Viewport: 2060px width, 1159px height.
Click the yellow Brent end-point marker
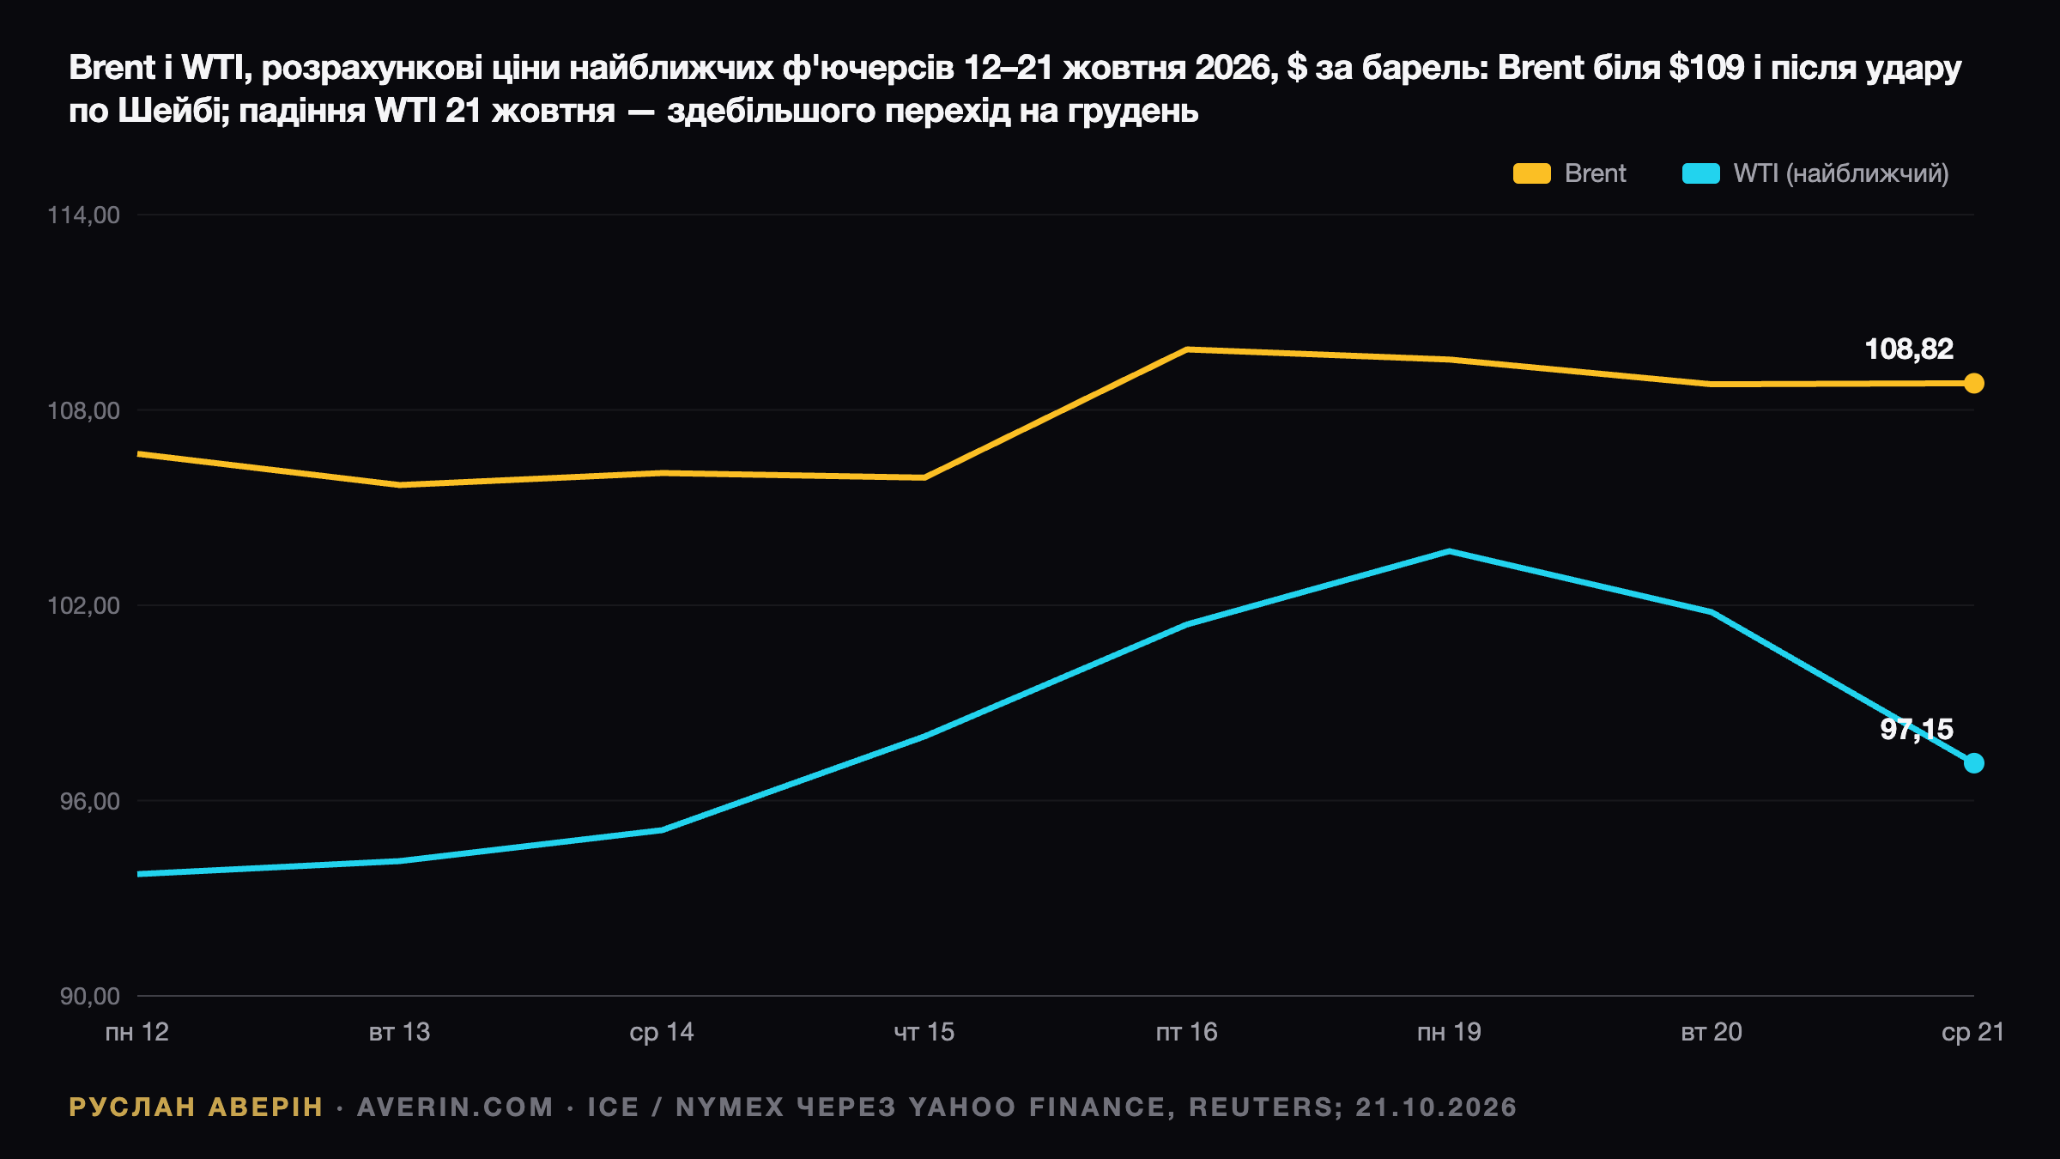tap(1973, 383)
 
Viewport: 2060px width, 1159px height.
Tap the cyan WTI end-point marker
tap(1973, 762)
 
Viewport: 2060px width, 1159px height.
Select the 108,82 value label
tap(1909, 349)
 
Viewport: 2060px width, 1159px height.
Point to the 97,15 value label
tap(1916, 730)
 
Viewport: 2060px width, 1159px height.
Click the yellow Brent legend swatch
tap(1531, 173)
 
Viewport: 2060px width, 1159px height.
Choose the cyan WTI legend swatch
tap(1700, 173)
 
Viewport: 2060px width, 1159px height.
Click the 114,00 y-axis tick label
tap(83, 215)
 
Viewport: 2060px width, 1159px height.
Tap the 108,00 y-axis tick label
tap(83, 410)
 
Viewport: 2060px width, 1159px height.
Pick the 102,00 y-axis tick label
tap(83, 605)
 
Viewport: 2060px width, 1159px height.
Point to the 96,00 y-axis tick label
tap(89, 801)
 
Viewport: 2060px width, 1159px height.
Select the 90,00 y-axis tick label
tap(89, 996)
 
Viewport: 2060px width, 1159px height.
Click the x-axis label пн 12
tap(137, 1032)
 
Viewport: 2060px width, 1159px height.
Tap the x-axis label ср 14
tap(662, 1033)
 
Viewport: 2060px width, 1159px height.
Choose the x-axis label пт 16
tap(1187, 1032)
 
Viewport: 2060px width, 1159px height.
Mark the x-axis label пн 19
tap(1449, 1032)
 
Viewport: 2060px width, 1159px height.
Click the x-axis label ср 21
tap(1973, 1033)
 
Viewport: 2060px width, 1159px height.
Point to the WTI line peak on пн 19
tap(1449, 551)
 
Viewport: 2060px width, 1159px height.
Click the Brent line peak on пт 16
tap(1187, 349)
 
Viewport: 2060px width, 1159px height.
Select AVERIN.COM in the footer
tap(456, 1107)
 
